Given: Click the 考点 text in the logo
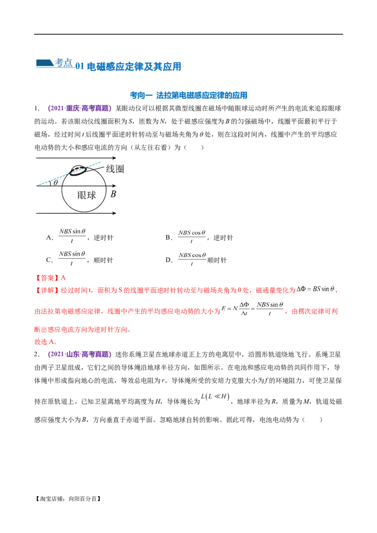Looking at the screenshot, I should (64, 63).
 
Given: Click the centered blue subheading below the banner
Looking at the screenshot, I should (188, 96).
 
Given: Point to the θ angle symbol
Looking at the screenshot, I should (56, 183).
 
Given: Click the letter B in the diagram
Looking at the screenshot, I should (113, 194).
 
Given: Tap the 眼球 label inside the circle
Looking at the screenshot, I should (86, 194).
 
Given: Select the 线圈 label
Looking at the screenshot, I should (115, 169).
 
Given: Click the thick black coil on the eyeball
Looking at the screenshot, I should (77, 171).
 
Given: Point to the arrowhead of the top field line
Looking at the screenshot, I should (115, 158).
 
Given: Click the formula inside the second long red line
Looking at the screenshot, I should (254, 309).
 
